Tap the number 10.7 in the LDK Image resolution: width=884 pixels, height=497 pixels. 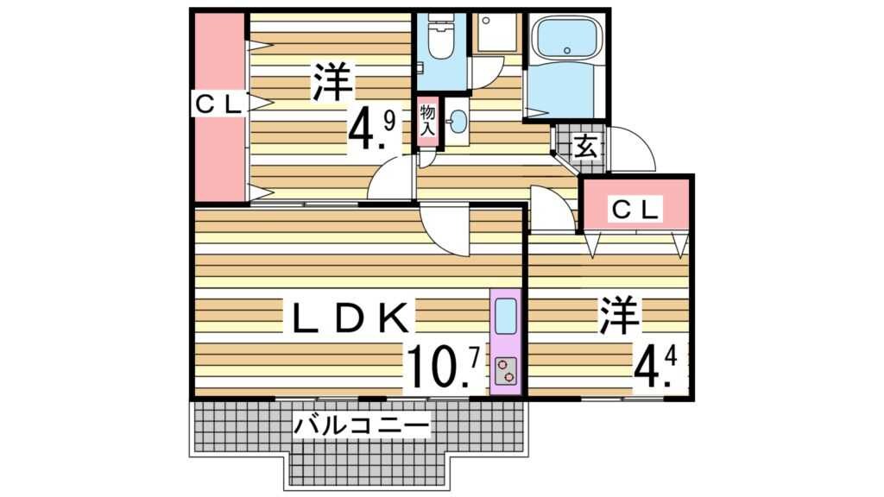point(444,366)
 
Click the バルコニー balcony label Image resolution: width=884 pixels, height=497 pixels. point(361,425)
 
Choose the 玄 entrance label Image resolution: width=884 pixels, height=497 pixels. point(584,148)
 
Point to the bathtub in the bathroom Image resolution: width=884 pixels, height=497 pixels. point(566,38)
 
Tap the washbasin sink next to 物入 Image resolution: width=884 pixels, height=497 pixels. point(458,122)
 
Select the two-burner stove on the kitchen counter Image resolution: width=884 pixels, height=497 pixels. point(506,369)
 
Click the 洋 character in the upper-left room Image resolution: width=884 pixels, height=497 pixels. point(332,82)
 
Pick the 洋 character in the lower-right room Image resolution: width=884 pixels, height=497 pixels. point(619,318)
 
